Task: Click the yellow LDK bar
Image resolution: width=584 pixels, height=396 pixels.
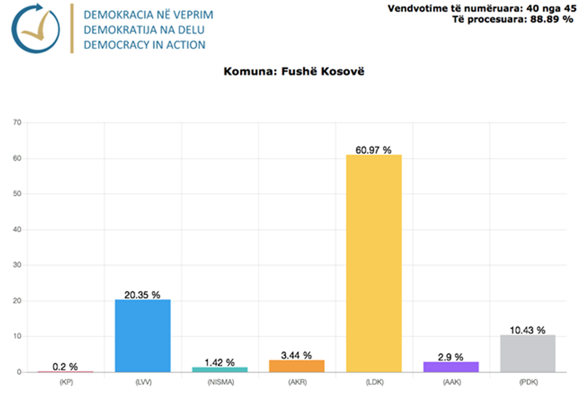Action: click(374, 263)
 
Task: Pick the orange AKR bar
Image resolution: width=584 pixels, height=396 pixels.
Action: click(297, 366)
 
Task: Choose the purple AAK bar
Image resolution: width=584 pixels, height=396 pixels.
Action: click(451, 367)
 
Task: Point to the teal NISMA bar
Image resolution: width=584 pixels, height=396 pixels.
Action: click(219, 369)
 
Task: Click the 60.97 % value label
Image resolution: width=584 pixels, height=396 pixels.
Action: click(374, 150)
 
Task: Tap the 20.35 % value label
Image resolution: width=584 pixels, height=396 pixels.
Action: click(142, 295)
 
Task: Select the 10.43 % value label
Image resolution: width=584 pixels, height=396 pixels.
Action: click(527, 330)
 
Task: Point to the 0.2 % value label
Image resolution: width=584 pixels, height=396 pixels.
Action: click(65, 367)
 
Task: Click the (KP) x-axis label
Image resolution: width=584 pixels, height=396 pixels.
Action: click(66, 381)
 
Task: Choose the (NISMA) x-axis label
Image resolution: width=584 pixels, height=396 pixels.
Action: click(219, 381)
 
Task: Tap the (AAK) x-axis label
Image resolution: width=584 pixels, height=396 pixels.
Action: click(451, 381)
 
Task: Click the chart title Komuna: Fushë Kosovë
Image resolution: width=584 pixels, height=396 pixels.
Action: click(294, 72)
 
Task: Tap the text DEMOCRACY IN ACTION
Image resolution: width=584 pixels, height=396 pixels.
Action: click(145, 45)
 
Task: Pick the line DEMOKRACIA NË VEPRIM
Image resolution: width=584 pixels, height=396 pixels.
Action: click(148, 14)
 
